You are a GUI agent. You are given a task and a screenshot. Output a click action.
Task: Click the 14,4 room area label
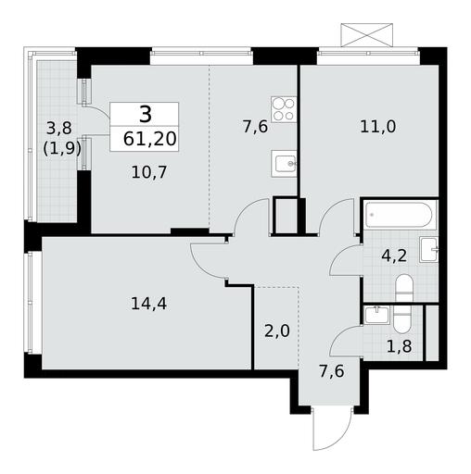149,304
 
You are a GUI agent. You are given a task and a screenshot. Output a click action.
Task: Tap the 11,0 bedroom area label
377,127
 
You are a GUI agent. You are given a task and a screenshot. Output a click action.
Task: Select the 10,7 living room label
149,172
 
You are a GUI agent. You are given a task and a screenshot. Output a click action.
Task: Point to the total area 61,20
149,139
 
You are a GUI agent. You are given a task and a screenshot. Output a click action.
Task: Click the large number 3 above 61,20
146,114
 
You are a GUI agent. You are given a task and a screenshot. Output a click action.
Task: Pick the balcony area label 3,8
58,128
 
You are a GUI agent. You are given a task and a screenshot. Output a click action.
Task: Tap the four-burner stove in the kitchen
284,109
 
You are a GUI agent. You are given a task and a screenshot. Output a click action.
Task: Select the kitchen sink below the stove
284,164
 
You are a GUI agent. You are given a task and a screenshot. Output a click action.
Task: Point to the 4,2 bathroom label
394,256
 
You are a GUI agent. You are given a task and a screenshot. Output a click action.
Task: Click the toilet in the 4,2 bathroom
404,288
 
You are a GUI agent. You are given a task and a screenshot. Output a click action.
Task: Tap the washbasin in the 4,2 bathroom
428,250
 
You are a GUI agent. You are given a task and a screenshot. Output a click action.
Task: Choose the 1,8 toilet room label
400,346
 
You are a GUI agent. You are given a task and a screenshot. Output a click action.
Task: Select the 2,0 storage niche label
277,331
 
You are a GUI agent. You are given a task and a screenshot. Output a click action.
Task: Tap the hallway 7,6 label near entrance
332,371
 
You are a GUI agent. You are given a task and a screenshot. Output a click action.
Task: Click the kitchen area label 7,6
255,127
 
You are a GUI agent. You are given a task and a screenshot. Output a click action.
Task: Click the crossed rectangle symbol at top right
366,35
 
